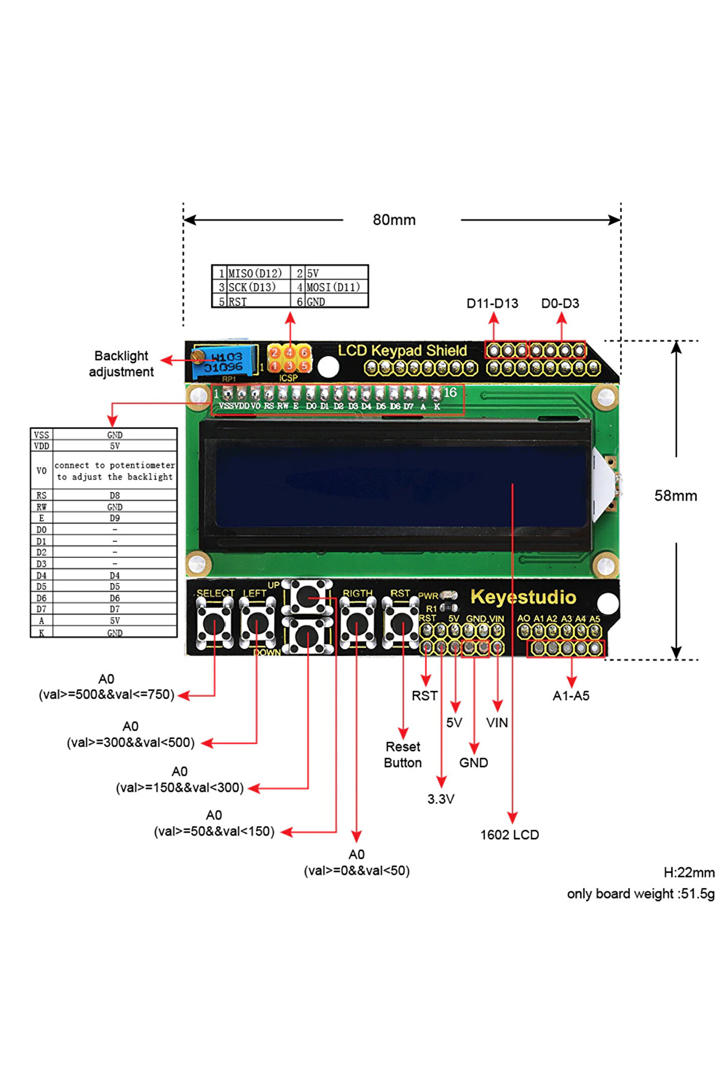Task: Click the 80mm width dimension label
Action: tap(394, 220)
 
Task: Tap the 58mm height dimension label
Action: tap(675, 495)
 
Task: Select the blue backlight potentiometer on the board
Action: tap(222, 362)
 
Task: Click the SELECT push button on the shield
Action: tap(214, 623)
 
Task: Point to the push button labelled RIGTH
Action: tap(357, 623)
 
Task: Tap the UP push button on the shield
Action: tap(307, 597)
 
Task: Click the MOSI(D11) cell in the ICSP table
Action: tap(333, 287)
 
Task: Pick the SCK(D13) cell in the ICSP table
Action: tap(252, 287)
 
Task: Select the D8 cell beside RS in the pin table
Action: tap(115, 495)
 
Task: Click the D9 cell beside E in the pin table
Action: tap(115, 518)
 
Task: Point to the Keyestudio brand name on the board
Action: tap(523, 597)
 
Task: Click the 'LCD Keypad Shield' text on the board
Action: tap(402, 350)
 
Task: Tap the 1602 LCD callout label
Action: tap(509, 835)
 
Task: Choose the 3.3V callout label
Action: tap(440, 799)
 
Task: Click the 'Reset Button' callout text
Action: tap(402, 754)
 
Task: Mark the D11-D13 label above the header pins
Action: tap(492, 303)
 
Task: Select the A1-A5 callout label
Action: tap(571, 696)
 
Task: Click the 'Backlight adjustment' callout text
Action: tap(121, 363)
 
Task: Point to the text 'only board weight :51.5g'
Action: tap(641, 894)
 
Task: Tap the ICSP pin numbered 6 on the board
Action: tap(304, 352)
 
